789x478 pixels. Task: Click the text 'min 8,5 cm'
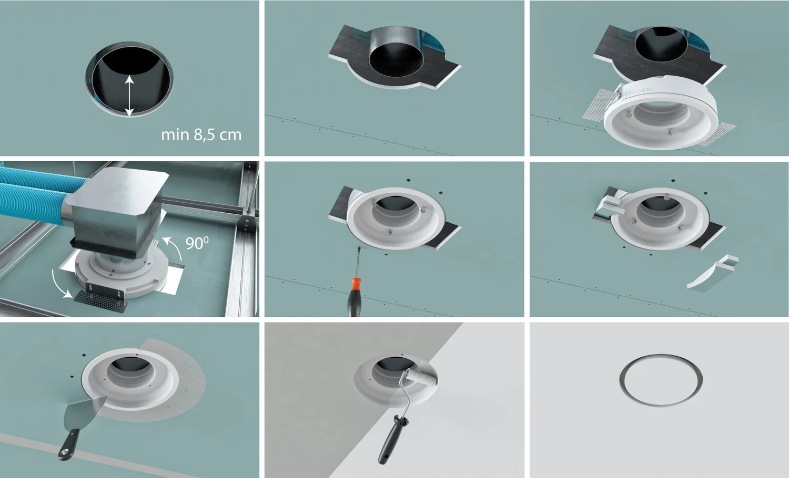click(201, 135)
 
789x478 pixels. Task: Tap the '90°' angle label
click(197, 243)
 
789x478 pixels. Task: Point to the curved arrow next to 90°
click(174, 247)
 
